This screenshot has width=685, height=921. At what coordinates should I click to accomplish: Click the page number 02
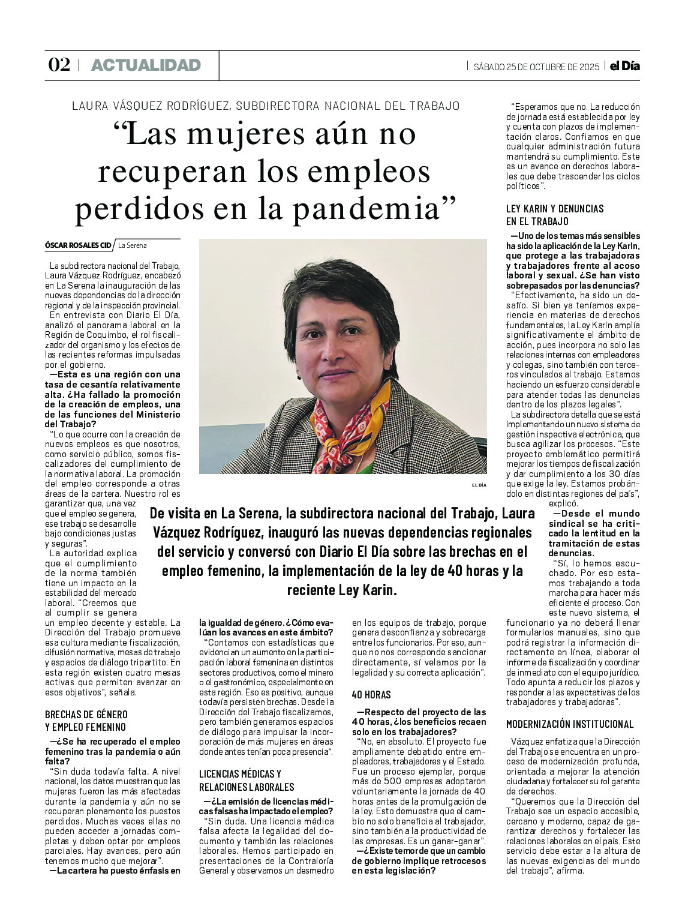(x=59, y=65)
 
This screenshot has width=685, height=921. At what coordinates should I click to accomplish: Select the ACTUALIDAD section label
(x=146, y=65)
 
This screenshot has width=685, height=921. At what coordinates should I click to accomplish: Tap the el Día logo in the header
(x=624, y=66)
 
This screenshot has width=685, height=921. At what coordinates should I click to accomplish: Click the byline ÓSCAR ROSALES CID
(x=78, y=245)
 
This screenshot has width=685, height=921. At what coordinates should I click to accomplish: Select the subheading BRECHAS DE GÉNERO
(x=86, y=714)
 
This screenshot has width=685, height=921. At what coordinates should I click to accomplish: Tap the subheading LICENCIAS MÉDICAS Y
(x=240, y=774)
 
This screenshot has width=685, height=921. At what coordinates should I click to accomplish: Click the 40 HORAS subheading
(x=371, y=694)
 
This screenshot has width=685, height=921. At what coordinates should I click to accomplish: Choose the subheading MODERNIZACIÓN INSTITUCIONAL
(x=570, y=724)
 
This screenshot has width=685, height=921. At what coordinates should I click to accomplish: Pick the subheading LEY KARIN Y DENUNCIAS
(x=555, y=209)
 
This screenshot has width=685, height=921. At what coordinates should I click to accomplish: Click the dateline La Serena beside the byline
(x=132, y=245)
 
